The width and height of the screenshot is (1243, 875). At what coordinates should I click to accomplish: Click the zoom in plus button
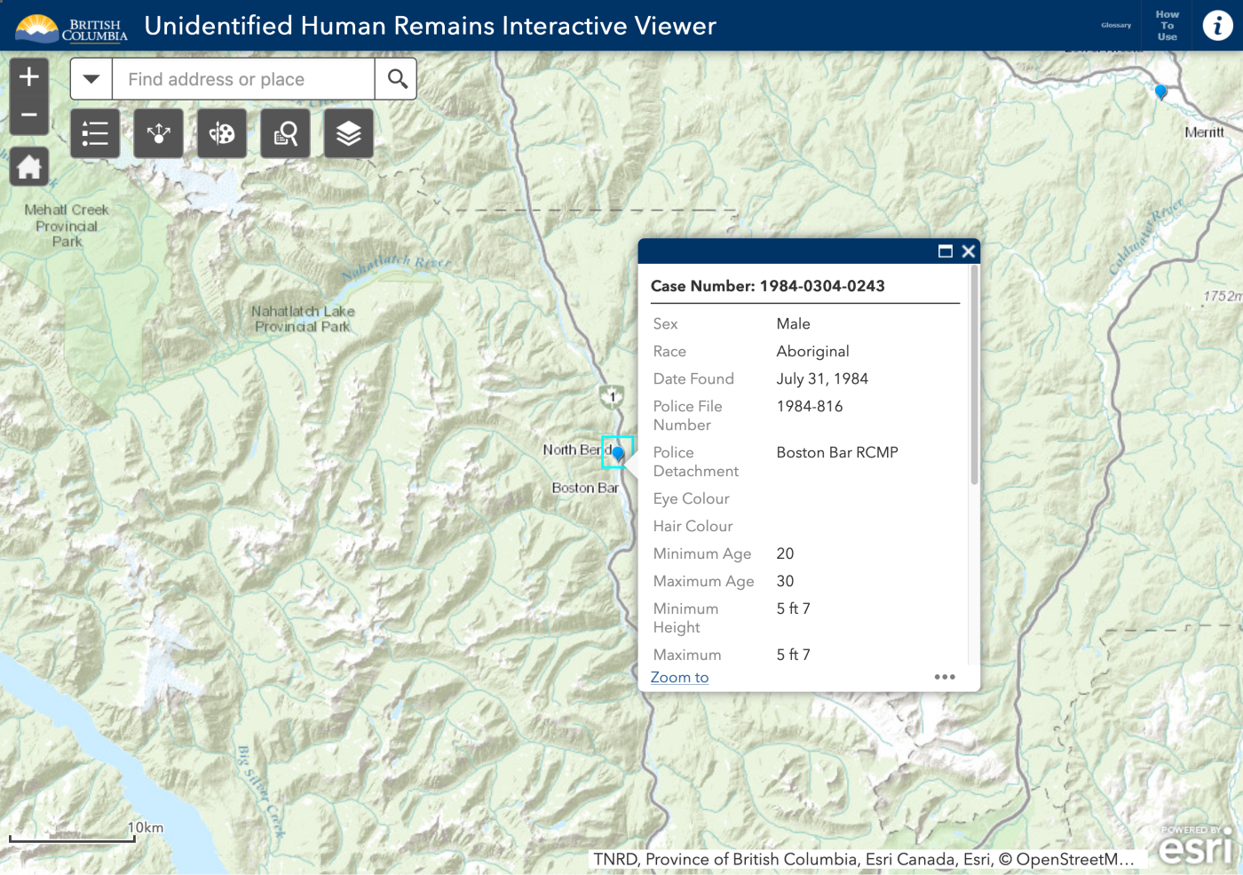point(29,77)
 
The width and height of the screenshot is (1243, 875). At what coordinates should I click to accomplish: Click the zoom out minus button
point(29,115)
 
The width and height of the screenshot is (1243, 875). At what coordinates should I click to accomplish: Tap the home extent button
point(29,167)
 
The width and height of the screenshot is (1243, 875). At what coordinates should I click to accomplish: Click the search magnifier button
point(397,79)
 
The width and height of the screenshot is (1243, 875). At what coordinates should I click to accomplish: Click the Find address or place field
point(242,79)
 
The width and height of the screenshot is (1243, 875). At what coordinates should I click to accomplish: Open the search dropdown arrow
point(91,79)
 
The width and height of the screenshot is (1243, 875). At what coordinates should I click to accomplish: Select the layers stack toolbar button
point(348,134)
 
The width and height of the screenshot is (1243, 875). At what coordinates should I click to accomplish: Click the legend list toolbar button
point(95,134)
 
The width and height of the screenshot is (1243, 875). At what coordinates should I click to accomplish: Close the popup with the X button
point(969,251)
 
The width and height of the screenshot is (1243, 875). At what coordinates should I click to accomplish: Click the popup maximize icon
point(946,251)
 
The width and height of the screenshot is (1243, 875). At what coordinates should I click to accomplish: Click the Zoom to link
point(679,678)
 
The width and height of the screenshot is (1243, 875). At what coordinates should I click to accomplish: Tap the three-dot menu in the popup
point(945,677)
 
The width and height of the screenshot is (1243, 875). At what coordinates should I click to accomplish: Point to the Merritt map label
point(1204,132)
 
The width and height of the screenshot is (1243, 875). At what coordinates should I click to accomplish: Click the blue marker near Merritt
point(1160,91)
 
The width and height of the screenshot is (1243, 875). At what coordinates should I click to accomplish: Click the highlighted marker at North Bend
point(618,453)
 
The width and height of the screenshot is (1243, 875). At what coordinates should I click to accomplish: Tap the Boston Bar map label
point(585,488)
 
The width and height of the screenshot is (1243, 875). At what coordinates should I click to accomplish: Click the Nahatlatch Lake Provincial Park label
point(303,319)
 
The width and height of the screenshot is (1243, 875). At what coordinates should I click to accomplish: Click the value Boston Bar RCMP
point(837,452)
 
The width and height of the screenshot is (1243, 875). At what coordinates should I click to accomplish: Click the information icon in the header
point(1217,26)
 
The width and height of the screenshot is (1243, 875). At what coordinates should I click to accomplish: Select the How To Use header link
point(1167,26)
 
